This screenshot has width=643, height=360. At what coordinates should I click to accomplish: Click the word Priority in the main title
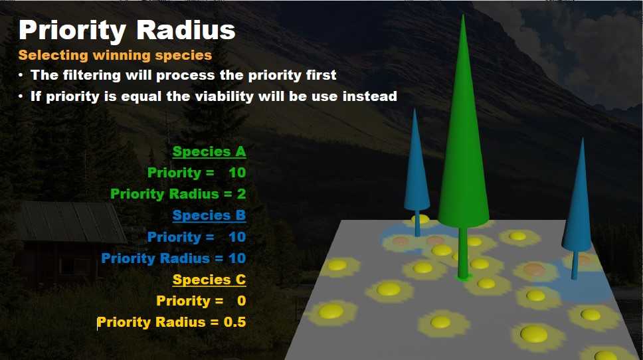(72, 31)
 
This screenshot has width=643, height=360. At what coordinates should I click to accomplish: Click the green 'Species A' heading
(209, 151)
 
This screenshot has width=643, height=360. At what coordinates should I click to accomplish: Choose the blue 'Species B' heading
(209, 216)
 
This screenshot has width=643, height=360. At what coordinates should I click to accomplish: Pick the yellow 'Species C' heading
(209, 280)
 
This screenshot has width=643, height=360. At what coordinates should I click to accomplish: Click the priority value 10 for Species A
(237, 173)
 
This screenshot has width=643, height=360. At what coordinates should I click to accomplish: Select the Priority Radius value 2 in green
(242, 194)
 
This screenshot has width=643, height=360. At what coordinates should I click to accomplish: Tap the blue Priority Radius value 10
(237, 258)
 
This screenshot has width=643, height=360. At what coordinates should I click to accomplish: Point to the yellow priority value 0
(242, 301)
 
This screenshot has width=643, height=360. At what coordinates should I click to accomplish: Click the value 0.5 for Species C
(235, 322)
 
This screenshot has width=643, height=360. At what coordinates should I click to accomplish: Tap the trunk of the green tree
(464, 252)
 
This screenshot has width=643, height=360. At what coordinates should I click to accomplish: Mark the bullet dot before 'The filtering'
(21, 76)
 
